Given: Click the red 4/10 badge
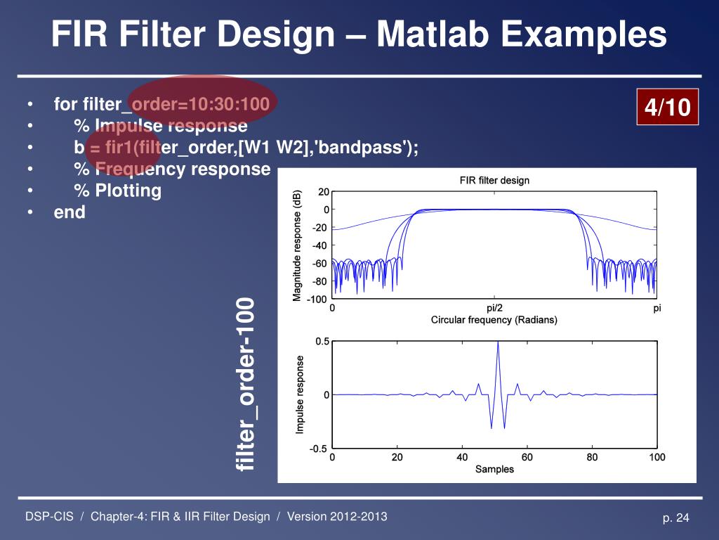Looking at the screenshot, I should coord(667,108).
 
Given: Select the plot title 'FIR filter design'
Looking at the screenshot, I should coord(494,181).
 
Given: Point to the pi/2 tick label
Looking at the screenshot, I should coord(494,308).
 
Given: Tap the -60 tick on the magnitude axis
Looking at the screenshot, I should coord(320,264).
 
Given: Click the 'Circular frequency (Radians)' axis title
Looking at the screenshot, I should coord(494,320).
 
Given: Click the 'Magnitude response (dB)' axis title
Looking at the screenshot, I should coord(298,245).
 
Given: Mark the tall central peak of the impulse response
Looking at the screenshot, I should coord(498,343).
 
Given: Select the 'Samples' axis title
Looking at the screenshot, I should coord(494,469).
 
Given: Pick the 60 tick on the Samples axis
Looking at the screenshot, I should coord(527,458).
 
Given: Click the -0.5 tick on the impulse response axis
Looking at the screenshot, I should coord(318,449).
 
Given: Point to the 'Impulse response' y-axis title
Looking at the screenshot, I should coord(300,394).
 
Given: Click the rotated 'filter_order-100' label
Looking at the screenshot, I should coord(246,385).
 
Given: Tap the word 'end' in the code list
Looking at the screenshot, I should coord(70,212).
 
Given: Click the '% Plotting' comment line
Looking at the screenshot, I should coord(117,191).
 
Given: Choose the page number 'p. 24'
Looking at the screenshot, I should coord(676,518).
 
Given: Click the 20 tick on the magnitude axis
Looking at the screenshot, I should coord(322,192).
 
